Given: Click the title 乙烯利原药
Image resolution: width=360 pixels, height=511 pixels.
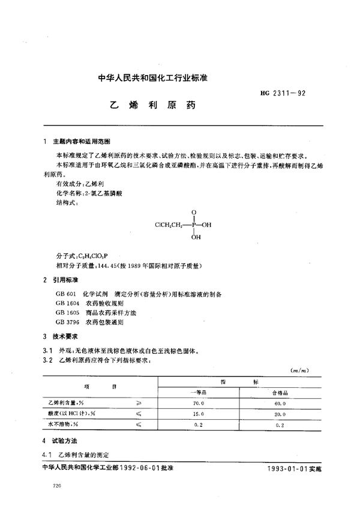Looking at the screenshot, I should (x=153, y=104).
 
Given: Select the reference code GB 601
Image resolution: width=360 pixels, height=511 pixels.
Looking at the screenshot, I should (x=64, y=294).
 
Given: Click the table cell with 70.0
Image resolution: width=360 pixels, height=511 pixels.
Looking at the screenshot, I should (x=199, y=404).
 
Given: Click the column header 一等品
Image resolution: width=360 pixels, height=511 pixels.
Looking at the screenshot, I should (x=199, y=392).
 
